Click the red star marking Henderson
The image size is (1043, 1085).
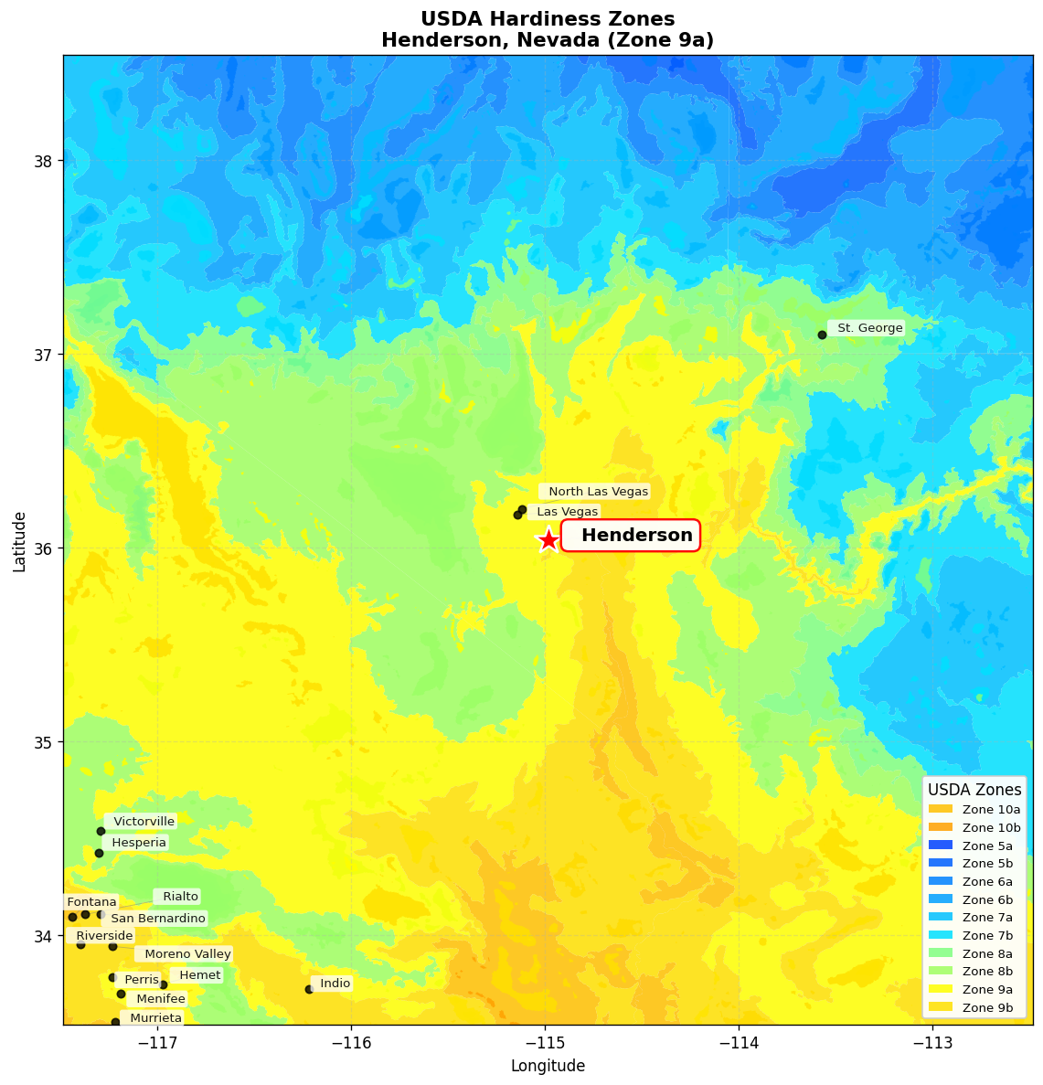[x=548, y=540]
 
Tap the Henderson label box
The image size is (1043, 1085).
[x=631, y=536]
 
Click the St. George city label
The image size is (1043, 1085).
[x=869, y=328]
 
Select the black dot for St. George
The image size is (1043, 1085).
[x=822, y=335]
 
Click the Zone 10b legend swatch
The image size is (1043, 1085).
[x=941, y=827]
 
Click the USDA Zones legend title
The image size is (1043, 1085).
[x=974, y=790]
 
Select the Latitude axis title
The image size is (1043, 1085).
[x=20, y=541]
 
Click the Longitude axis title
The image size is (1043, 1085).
[x=548, y=1066]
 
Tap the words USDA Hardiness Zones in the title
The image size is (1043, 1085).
[x=548, y=19]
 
